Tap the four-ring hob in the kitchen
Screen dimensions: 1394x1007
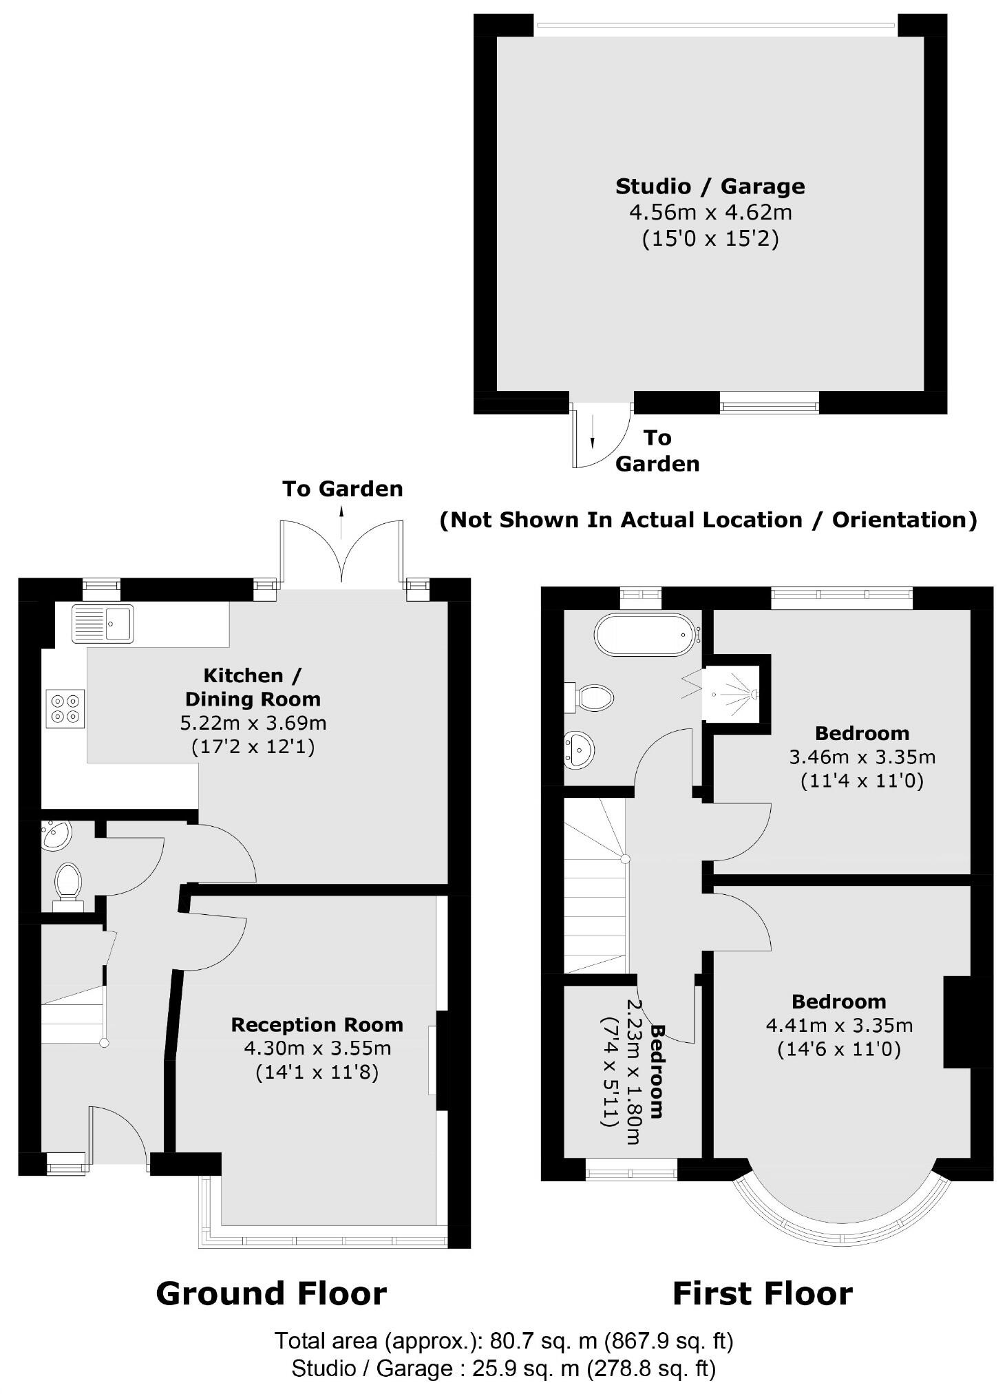pyautogui.click(x=65, y=708)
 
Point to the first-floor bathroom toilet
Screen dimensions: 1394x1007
pyautogui.click(x=591, y=697)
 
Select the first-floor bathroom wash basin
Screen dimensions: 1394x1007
pyautogui.click(x=578, y=749)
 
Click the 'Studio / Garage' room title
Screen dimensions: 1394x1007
pyautogui.click(x=710, y=187)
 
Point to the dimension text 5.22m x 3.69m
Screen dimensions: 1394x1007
pyautogui.click(x=253, y=723)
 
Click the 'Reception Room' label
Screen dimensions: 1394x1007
pyautogui.click(x=317, y=1024)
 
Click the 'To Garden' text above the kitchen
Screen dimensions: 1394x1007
pyautogui.click(x=342, y=489)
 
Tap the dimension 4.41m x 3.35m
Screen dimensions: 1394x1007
pyautogui.click(x=839, y=1025)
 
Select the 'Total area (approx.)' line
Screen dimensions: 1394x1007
pyautogui.click(x=504, y=1340)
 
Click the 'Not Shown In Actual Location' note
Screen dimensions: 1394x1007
pyautogui.click(x=708, y=520)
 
